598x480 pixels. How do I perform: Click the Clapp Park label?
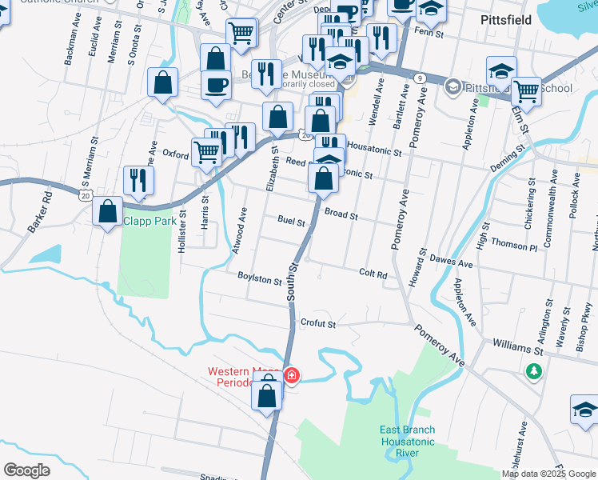coord(148,220)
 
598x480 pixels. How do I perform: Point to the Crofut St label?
coord(317,324)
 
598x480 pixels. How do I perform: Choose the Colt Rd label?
coord(373,274)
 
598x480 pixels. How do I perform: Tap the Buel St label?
coord(292,221)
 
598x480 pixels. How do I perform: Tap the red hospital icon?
coord(293,374)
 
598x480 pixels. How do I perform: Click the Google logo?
coord(26,470)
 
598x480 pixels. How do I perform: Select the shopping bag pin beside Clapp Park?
coord(107,212)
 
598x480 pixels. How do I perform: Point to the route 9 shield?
coord(420,78)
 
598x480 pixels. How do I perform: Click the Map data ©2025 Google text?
coord(548,474)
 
